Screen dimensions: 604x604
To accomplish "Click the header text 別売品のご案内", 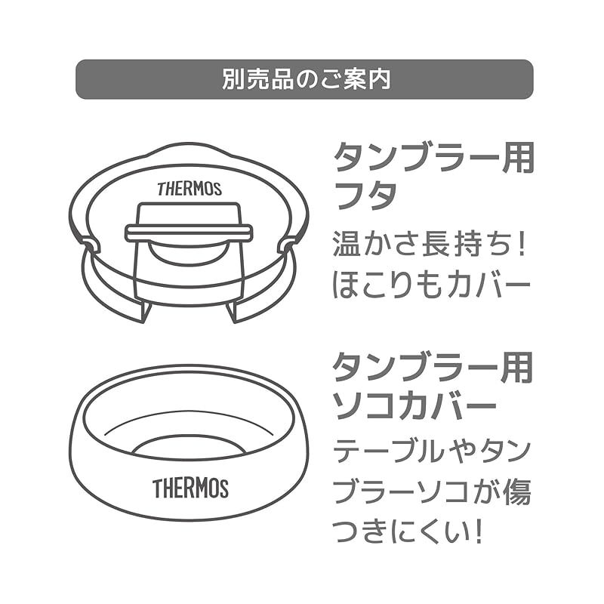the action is [x=307, y=79].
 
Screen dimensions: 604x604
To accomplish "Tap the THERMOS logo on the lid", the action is [x=190, y=189].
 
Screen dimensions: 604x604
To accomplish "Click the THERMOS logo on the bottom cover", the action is [x=191, y=488].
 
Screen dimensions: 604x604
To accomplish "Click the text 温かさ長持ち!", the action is [x=429, y=245].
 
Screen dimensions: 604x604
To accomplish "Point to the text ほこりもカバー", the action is [x=432, y=285].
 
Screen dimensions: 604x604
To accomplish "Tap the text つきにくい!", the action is [x=408, y=532].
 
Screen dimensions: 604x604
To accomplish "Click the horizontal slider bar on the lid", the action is [x=189, y=234].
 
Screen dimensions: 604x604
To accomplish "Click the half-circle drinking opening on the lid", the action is [x=189, y=252].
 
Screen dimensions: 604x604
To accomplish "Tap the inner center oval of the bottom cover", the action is [x=189, y=448].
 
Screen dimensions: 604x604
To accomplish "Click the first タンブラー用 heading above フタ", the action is [x=433, y=157].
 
